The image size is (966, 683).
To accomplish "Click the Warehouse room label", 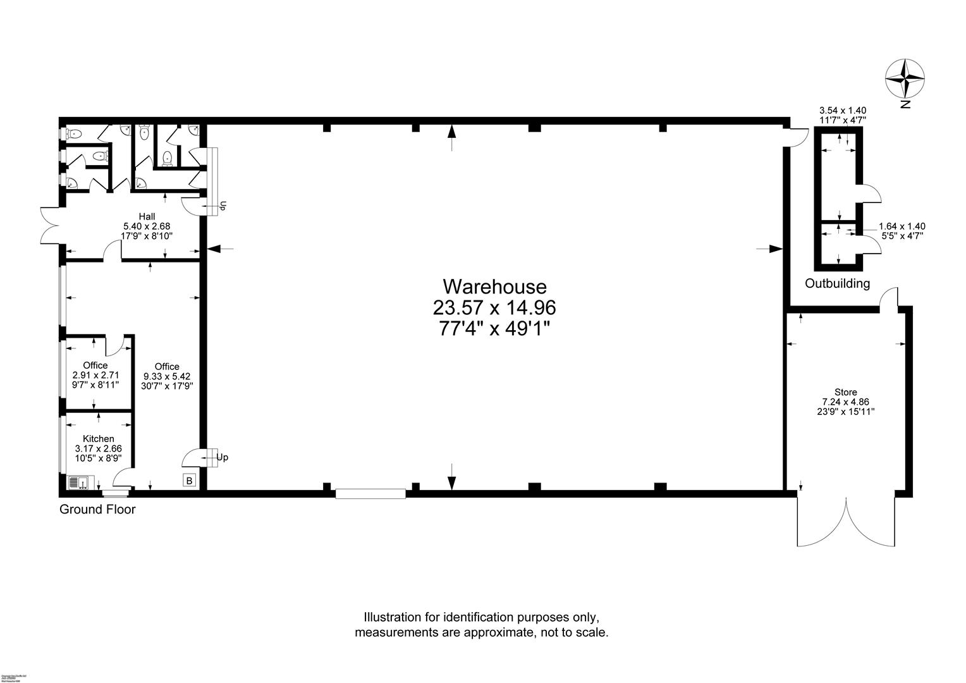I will pyautogui.click(x=494, y=286).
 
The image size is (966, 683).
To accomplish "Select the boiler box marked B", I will pyautogui.click(x=189, y=481).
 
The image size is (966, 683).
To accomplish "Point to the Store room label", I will pyautogui.click(x=845, y=392).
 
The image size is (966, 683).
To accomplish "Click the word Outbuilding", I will pyautogui.click(x=837, y=283).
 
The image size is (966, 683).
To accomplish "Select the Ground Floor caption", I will pyautogui.click(x=97, y=509).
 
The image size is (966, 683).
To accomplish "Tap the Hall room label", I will pyautogui.click(x=147, y=216).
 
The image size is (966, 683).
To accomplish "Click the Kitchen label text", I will pyautogui.click(x=99, y=439).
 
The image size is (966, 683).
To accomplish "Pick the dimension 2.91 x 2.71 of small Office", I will pyautogui.click(x=95, y=375).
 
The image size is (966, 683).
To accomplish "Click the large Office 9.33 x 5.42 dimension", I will pyautogui.click(x=167, y=376).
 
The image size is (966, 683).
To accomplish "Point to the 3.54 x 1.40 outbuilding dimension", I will pyautogui.click(x=842, y=110).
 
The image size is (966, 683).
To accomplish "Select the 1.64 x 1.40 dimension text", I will pyautogui.click(x=902, y=226).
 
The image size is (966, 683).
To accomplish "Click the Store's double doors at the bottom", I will pyautogui.click(x=846, y=522).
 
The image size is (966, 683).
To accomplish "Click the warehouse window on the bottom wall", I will pyautogui.click(x=370, y=493).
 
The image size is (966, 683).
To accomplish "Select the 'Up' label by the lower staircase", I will pyautogui.click(x=222, y=457).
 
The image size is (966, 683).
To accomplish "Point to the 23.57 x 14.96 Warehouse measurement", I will pyautogui.click(x=494, y=308).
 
